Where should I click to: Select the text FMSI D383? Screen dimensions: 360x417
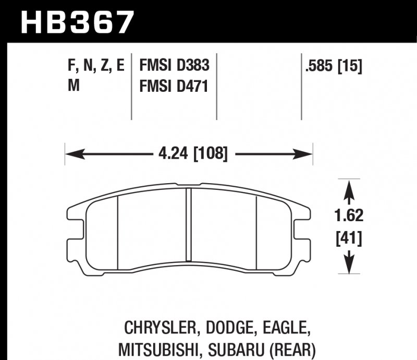[174, 66]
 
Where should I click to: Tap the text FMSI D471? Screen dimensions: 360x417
[174, 86]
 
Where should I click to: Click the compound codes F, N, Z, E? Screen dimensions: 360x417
[96, 66]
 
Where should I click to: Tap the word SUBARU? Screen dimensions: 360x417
[232, 349]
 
